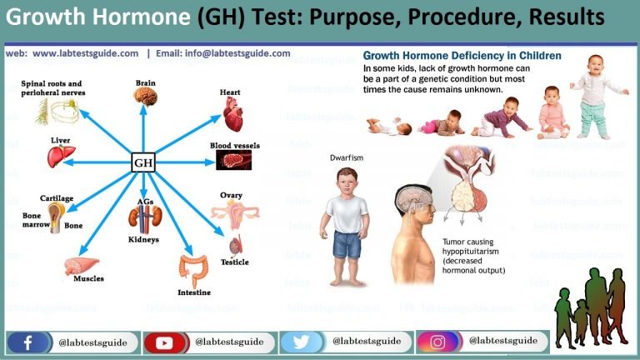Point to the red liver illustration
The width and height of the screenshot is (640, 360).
(60, 155)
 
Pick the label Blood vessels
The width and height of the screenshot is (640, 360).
(234, 145)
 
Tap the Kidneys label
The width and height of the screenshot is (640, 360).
(142, 239)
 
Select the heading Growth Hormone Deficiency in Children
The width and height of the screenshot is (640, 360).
(462, 56)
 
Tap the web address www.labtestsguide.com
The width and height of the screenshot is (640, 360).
(85, 53)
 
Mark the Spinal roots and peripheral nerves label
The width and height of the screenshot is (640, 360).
(52, 88)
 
